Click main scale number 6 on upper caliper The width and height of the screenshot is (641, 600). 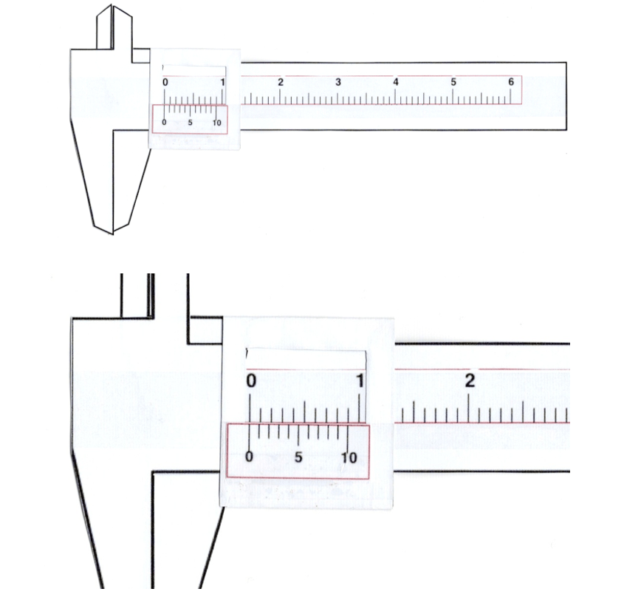[511, 82]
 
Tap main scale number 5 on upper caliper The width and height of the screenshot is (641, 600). [453, 82]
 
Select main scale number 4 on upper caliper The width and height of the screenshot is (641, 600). [396, 82]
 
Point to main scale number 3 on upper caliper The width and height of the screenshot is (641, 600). [338, 82]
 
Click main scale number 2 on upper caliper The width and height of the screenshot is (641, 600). [281, 82]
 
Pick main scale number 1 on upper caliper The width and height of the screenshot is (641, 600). [223, 82]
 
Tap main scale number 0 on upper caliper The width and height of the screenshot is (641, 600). [165, 82]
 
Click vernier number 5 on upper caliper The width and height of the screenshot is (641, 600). [190, 122]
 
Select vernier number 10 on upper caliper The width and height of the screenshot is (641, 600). [216, 122]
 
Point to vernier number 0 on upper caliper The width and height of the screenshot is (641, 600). [165, 122]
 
